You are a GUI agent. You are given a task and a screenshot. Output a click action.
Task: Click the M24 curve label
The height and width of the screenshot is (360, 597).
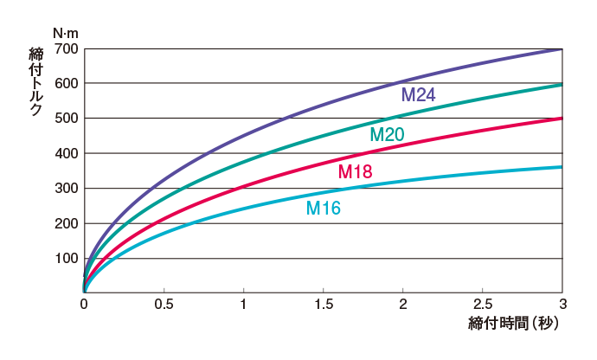pos(418,94)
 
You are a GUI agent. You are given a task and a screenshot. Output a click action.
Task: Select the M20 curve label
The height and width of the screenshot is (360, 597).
pos(387,135)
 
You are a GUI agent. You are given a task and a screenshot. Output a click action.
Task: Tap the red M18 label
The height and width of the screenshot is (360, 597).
pos(355,172)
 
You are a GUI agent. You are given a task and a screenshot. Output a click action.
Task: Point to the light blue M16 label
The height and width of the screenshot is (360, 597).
pos(324,209)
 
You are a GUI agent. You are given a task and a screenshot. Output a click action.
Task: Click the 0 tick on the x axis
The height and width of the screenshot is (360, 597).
pos(84,304)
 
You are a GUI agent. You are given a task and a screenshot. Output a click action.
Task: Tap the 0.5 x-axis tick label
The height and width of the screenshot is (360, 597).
pos(164,304)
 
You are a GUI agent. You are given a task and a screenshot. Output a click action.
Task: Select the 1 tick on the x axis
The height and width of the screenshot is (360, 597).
pos(243,304)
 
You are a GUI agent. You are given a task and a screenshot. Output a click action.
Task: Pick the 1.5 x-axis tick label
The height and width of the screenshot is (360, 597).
pos(323,304)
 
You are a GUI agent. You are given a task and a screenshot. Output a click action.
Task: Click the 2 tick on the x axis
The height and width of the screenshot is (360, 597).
pos(403,304)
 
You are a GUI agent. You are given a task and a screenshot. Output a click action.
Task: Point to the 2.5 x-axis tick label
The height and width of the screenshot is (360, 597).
pos(483,304)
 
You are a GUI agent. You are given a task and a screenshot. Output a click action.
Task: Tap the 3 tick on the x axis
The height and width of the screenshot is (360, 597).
pos(562,304)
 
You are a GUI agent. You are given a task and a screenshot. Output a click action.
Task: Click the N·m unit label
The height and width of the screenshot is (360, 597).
pos(66,33)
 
